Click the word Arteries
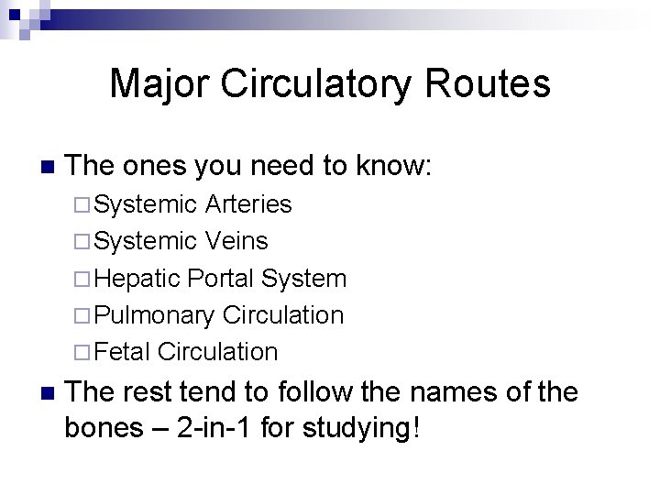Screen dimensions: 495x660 click(x=248, y=204)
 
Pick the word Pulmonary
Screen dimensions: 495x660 click(x=154, y=314)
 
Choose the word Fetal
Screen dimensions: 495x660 click(x=123, y=351)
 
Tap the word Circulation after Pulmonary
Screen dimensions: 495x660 click(x=283, y=314)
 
